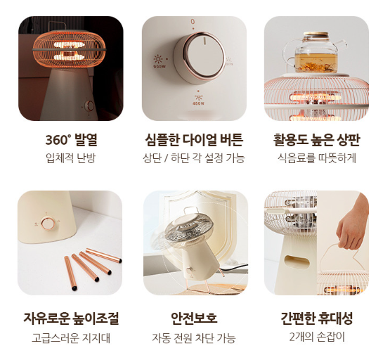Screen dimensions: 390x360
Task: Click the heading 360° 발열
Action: (71, 140)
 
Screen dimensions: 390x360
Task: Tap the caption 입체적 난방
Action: (71, 158)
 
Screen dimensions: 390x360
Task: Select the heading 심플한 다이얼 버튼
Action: (194, 140)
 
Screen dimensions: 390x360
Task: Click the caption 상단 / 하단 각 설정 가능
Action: (194, 158)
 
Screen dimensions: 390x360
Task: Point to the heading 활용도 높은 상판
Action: (317, 140)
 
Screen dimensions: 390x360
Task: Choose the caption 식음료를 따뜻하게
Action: (317, 158)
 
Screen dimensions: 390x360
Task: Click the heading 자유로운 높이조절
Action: (71, 319)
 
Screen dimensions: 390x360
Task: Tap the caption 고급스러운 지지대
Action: (71, 338)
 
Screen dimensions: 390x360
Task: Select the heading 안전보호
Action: (194, 319)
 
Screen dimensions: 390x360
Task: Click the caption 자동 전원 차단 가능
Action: (194, 338)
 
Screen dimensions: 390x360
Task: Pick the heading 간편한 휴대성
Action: (317, 319)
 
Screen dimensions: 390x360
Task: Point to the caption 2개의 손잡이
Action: (317, 337)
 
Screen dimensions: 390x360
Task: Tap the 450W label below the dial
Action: (198, 103)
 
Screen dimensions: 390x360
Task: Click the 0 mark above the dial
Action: (193, 22)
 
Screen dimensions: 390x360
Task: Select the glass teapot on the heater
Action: (315, 52)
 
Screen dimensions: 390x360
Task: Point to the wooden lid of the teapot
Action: (316, 34)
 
